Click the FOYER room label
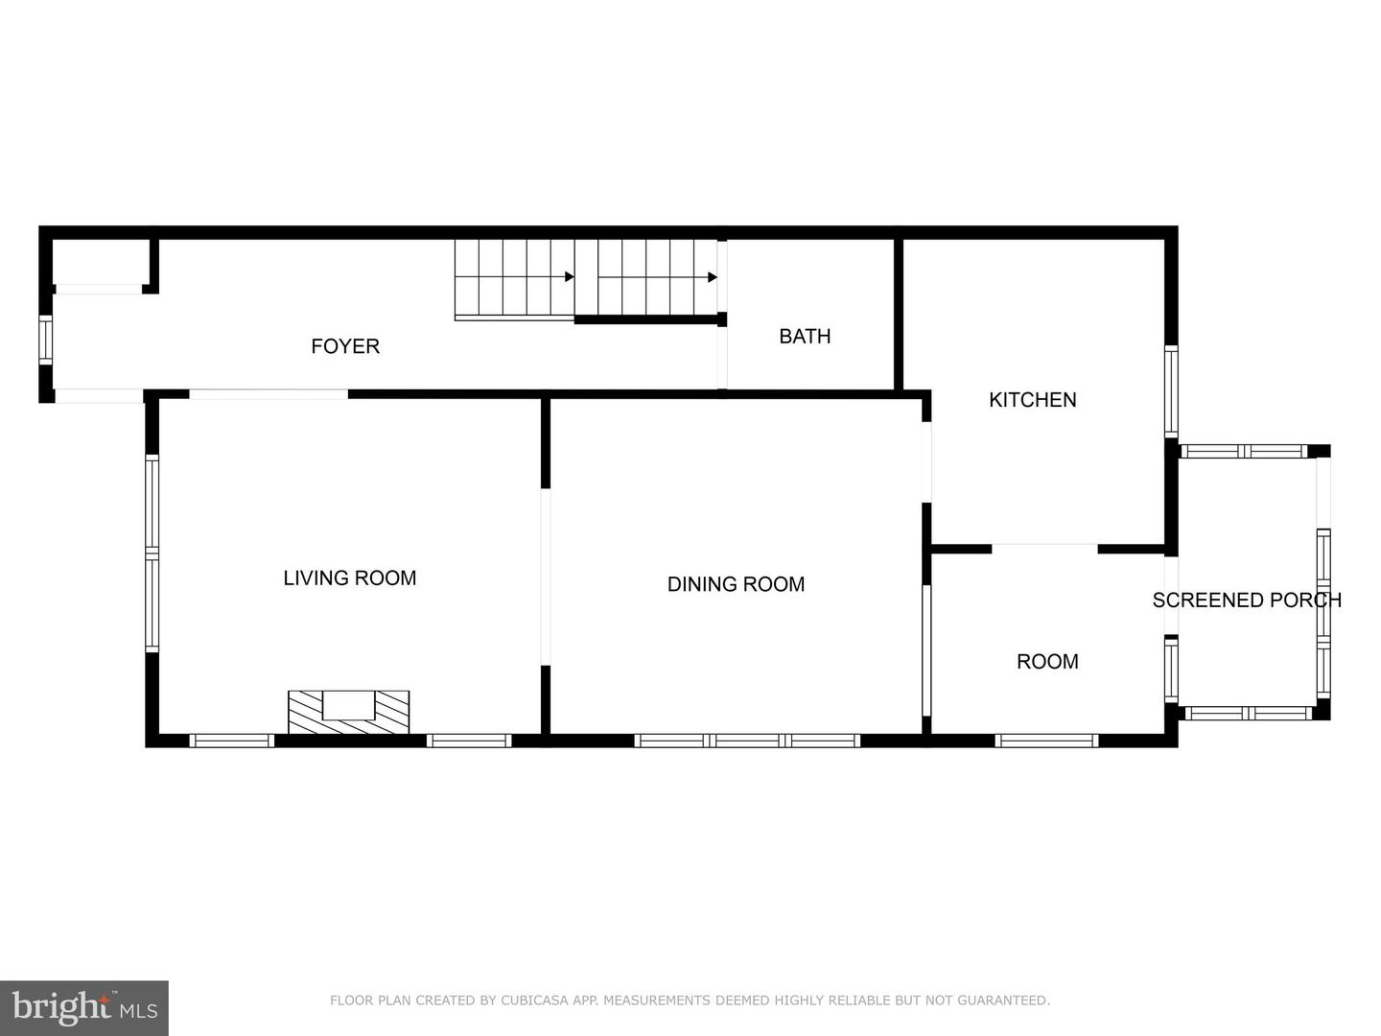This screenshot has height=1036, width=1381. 345,346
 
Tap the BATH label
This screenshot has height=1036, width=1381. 805,336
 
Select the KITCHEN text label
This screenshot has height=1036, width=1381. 1032,399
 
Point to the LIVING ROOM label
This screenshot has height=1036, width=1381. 349,577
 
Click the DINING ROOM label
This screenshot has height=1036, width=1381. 736,583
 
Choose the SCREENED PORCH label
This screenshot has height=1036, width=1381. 1246,600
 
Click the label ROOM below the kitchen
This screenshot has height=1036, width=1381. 1047,661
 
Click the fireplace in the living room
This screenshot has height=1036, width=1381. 348,711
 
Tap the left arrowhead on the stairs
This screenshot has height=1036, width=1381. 569,277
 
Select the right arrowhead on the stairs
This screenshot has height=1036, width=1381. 713,277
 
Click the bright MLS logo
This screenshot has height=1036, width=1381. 84,1007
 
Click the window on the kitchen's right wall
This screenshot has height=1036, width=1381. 1171,391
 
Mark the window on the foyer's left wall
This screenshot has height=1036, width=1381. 44,340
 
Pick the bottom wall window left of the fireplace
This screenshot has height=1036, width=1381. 231,740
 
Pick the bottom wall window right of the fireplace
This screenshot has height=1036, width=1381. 468,740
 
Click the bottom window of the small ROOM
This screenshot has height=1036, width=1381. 1046,740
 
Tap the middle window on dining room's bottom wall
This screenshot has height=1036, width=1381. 747,740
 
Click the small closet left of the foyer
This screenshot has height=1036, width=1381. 99,260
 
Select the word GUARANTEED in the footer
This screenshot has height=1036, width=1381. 1011,1001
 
